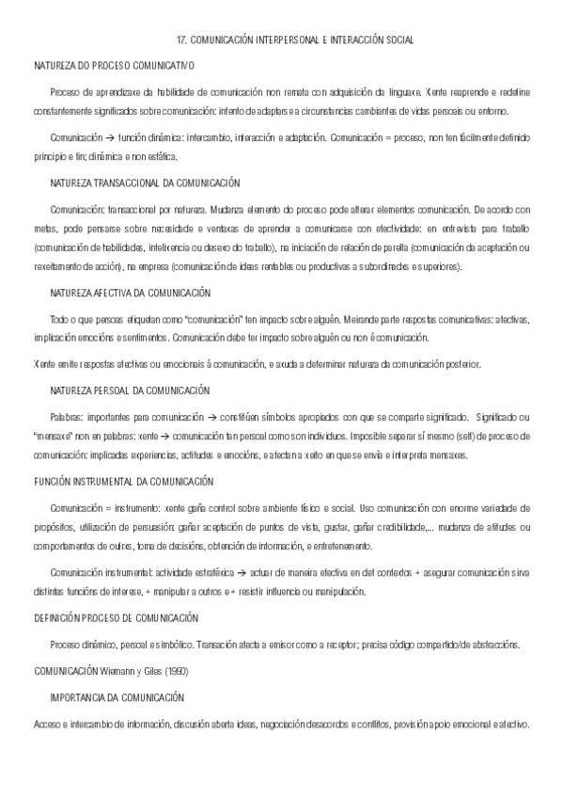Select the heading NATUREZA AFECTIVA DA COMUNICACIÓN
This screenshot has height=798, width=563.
[131, 293]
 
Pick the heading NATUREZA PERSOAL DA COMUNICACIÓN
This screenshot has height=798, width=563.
[131, 390]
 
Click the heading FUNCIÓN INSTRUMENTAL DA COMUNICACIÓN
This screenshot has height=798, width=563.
[124, 481]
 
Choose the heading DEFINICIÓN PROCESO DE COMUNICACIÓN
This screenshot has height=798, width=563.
[117, 617]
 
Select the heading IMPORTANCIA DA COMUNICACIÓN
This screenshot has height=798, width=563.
[117, 697]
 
